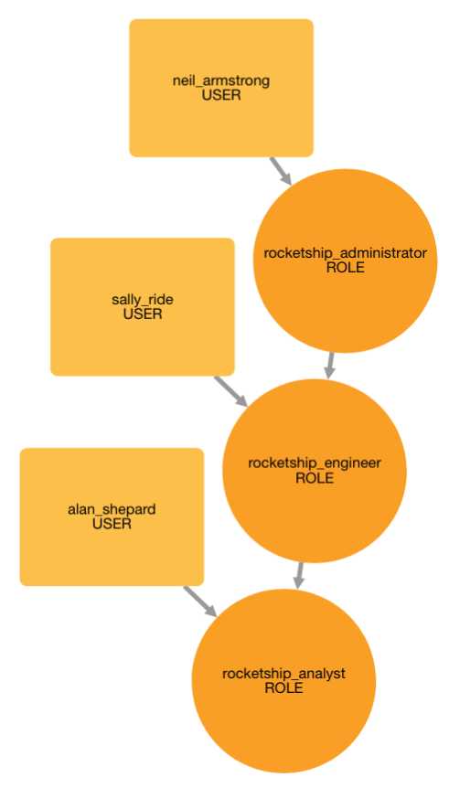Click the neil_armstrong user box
click(x=221, y=88)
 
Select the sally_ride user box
click(x=143, y=306)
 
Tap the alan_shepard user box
click(x=112, y=516)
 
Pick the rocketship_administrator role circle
click(x=345, y=261)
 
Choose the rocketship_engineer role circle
click(x=315, y=471)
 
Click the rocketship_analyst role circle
click(x=283, y=681)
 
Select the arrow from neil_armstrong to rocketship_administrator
click(x=281, y=171)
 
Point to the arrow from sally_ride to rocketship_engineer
click(x=231, y=391)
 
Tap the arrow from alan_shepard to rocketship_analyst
click(x=200, y=601)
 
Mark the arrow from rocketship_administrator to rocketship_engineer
click(x=330, y=366)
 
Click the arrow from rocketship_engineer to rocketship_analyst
click(x=300, y=575)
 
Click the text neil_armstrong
click(x=221, y=81)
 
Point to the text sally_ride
click(x=143, y=300)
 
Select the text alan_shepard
click(x=112, y=509)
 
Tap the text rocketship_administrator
click(x=345, y=253)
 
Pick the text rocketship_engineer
click(x=315, y=463)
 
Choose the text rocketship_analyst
click(x=283, y=674)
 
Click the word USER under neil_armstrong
click(x=221, y=95)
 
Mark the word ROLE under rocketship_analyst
click(x=283, y=688)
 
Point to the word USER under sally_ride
click(x=143, y=314)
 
